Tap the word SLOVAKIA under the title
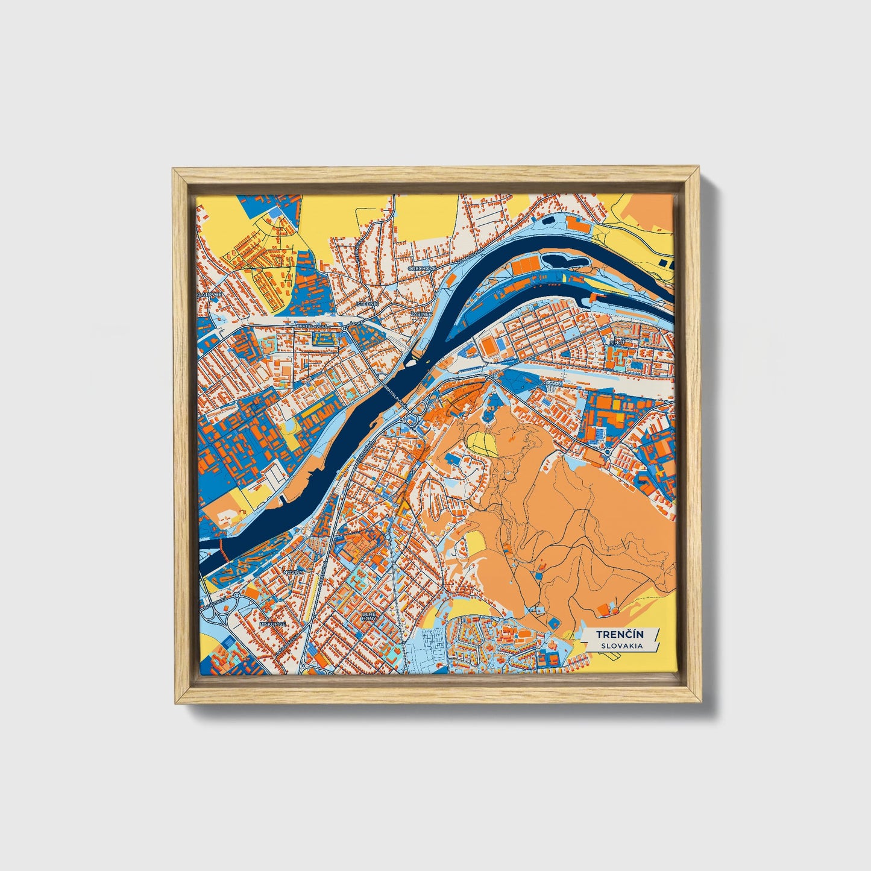[x=621, y=646]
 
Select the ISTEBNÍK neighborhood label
[x=368, y=304]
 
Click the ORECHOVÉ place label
[x=422, y=268]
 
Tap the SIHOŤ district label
[x=617, y=342]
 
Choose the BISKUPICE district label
[x=272, y=625]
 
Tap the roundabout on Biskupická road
[x=237, y=596]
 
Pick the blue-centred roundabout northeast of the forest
[x=607, y=451]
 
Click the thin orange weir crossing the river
[x=222, y=549]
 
